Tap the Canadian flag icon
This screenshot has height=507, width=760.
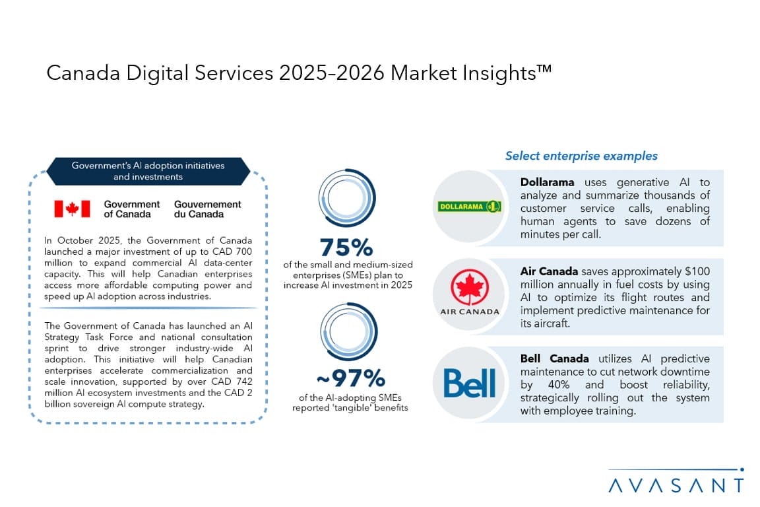click(x=71, y=209)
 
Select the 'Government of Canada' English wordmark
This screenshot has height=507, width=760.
click(x=131, y=209)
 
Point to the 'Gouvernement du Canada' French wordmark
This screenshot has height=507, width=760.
click(x=207, y=209)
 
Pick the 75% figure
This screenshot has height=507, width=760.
click(x=346, y=247)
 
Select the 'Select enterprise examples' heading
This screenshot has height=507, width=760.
click(x=581, y=156)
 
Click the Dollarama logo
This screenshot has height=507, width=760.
click(x=469, y=207)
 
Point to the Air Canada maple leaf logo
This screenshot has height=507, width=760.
click(x=469, y=288)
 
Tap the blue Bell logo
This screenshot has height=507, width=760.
click(x=469, y=383)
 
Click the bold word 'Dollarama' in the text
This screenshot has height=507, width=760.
click(x=547, y=183)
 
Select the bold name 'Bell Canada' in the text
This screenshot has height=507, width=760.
click(x=554, y=359)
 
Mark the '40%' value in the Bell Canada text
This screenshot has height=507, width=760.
click(x=554, y=385)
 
